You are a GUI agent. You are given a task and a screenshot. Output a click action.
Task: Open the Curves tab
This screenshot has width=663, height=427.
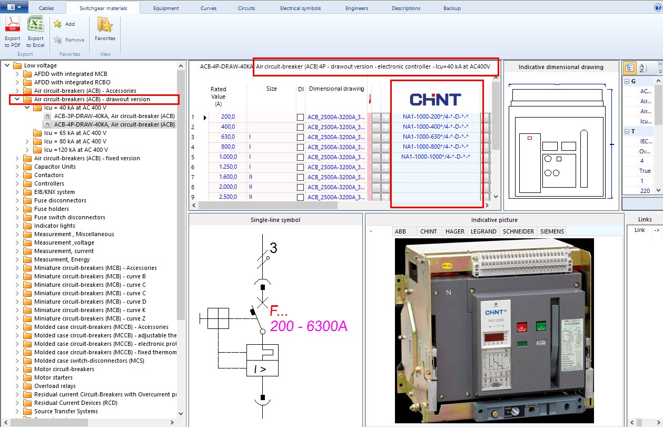coord(209,8)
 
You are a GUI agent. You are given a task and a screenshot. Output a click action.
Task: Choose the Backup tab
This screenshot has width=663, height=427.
coord(452,8)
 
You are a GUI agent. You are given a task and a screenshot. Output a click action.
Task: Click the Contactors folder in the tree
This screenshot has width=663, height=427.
coord(49,175)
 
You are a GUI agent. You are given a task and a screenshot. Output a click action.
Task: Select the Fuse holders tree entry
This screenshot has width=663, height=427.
coord(52,209)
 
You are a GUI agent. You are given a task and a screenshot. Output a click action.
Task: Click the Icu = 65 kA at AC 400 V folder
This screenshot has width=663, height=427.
coord(75,133)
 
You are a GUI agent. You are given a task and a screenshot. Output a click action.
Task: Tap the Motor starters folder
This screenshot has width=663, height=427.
coord(53,377)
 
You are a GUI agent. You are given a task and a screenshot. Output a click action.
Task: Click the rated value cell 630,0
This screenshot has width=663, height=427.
coord(229,137)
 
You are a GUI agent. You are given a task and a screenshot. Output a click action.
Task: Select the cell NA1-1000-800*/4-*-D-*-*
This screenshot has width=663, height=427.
coord(436,147)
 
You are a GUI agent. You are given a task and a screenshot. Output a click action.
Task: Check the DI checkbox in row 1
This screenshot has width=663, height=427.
coord(300,117)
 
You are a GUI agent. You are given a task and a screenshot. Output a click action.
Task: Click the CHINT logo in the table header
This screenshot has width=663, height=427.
coord(435,99)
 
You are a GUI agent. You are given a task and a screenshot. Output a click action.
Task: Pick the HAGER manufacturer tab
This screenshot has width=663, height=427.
coord(455,231)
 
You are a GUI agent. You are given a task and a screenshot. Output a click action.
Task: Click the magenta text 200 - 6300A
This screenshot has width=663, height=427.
coord(309,326)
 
